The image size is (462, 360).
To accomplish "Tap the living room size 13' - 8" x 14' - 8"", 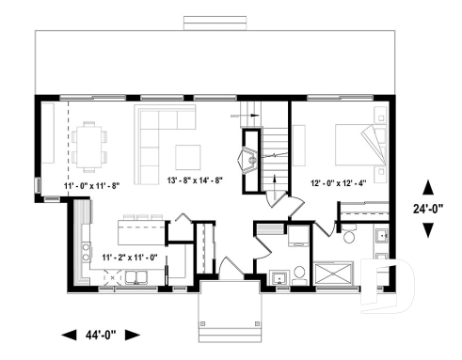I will coord(207,180).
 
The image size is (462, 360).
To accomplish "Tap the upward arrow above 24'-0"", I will coord(428,186).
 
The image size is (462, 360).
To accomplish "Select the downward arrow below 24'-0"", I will coord(428,230).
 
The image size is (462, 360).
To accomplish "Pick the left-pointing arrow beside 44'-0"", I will coord(69,334).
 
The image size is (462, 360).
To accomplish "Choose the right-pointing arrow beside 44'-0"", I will coord(132,334).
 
